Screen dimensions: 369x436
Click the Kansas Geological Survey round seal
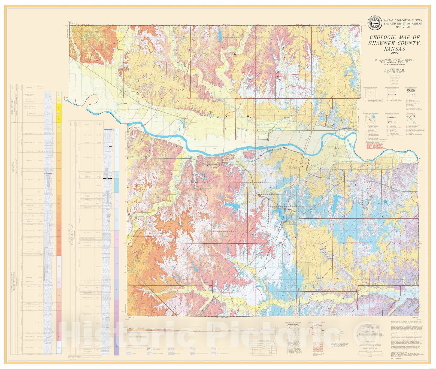coord(375,23)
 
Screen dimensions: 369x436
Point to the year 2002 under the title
coord(394,53)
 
